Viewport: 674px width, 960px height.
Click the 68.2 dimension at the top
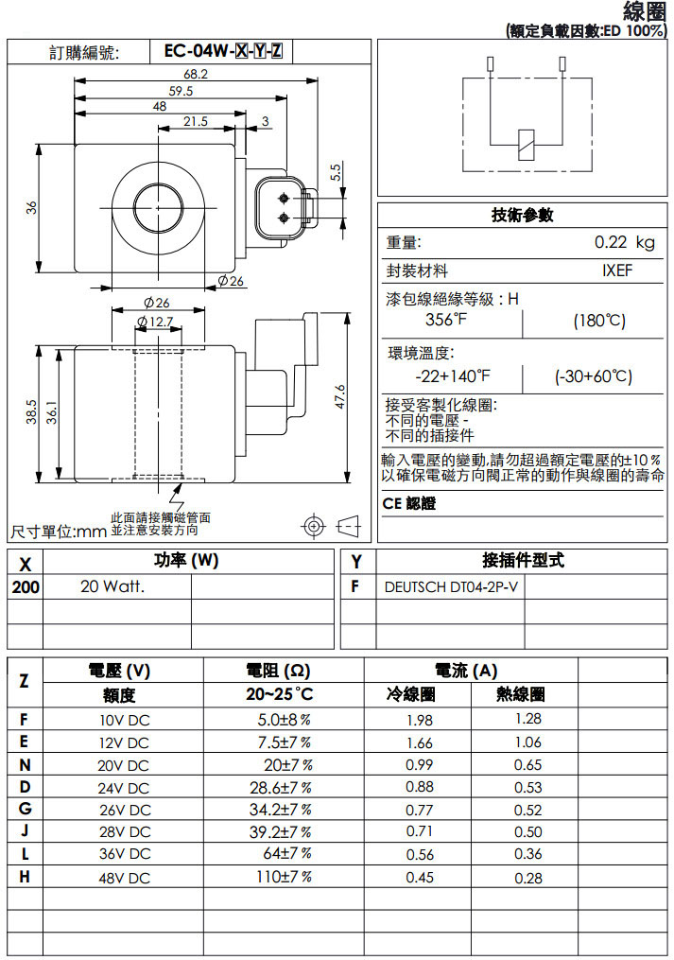(196, 74)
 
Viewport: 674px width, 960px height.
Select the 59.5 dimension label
(181, 91)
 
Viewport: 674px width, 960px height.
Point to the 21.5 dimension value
(196, 121)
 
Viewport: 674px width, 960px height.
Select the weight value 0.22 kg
(624, 243)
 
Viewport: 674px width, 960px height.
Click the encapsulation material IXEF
(617, 271)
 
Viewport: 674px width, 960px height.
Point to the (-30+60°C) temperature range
(593, 376)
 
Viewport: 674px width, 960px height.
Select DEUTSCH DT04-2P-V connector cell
(452, 586)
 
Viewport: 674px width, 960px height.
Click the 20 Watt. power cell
(112, 586)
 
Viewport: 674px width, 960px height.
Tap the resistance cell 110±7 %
(284, 877)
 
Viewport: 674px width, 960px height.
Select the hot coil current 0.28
(528, 878)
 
